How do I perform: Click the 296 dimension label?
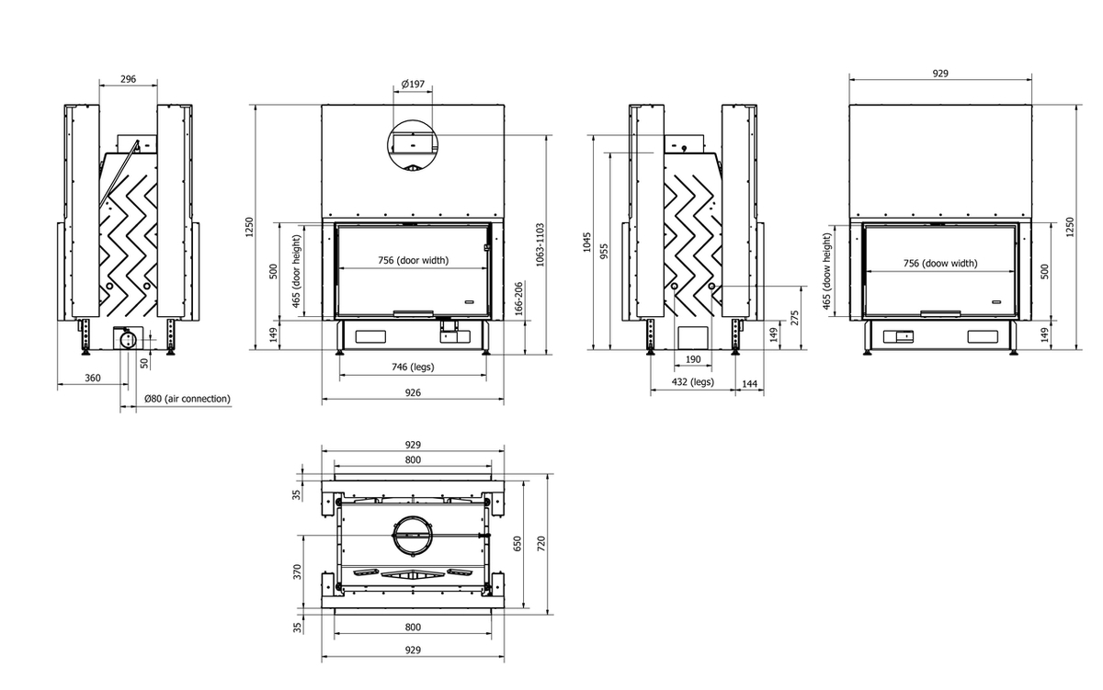pyautogui.click(x=128, y=79)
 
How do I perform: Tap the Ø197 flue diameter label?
pyautogui.click(x=413, y=84)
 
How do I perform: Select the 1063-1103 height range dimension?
pyautogui.click(x=540, y=245)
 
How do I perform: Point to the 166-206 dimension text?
pyautogui.click(x=518, y=300)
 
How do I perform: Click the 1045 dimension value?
pyautogui.click(x=586, y=243)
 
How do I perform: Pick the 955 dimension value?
pyautogui.click(x=604, y=252)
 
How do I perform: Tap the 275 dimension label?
pyautogui.click(x=794, y=318)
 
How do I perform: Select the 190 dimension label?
pyautogui.click(x=693, y=359)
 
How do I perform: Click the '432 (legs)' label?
pyautogui.click(x=693, y=381)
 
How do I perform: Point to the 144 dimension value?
pyautogui.click(x=749, y=383)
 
